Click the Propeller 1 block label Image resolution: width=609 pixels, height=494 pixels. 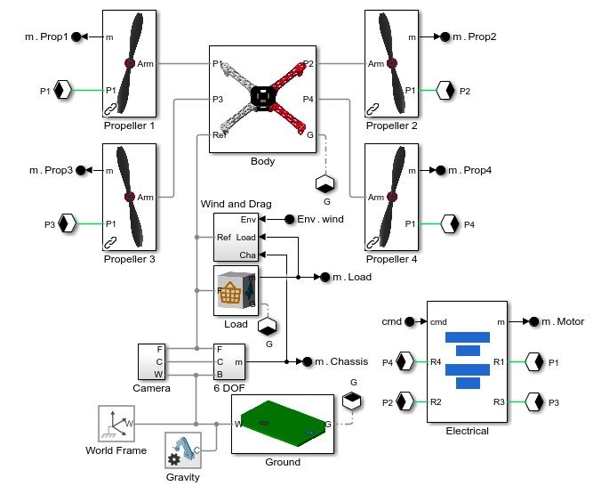coord(129,126)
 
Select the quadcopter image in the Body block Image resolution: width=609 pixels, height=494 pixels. coord(261,95)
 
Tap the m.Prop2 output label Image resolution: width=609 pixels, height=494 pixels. coord(475,37)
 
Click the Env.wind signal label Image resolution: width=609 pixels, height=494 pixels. coord(320,219)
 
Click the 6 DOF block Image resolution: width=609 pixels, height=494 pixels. coord(230,362)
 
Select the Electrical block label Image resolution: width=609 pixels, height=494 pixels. coord(467,431)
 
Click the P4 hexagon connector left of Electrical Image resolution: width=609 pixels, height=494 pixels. coord(405,362)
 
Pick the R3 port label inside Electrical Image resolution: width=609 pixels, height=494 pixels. coord(499,401)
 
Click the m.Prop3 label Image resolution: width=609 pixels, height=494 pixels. coord(49,169)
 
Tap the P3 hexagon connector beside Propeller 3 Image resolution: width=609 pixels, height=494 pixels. coord(65,224)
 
